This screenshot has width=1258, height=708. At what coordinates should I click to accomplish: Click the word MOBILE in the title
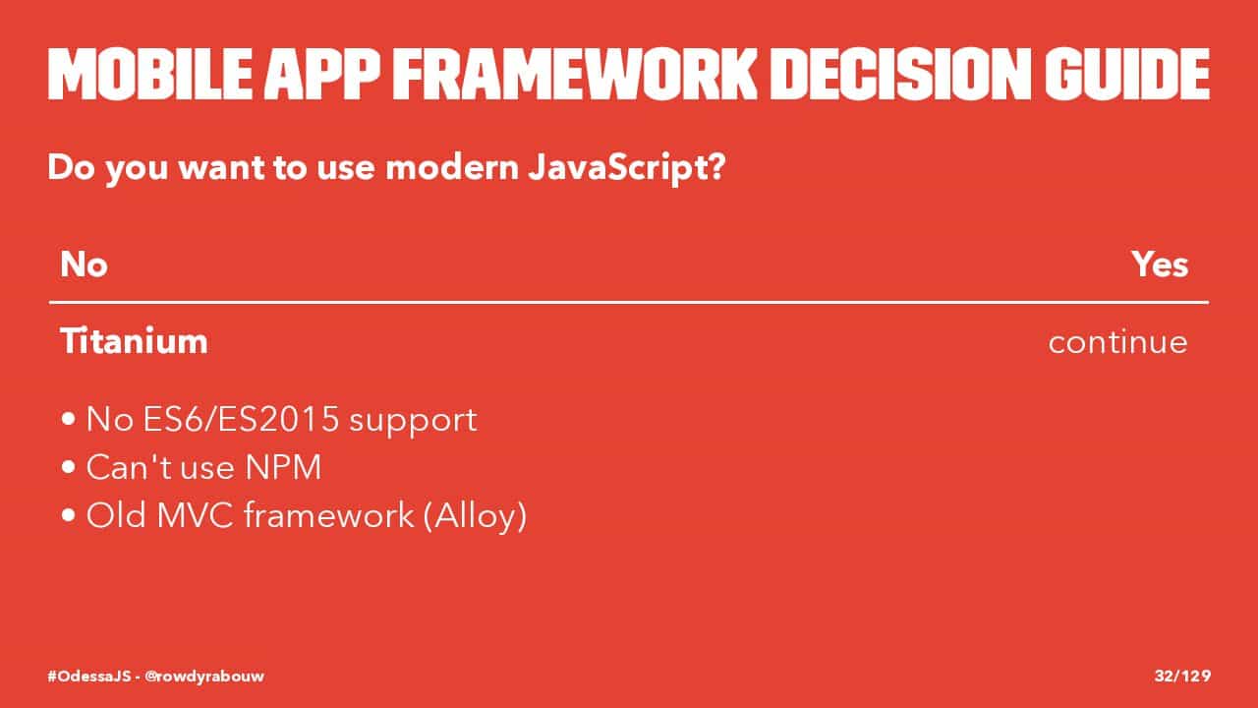click(x=150, y=74)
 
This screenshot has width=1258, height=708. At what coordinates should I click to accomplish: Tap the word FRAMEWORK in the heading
click(x=575, y=74)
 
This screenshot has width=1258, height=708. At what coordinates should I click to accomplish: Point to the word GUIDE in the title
click(x=1127, y=74)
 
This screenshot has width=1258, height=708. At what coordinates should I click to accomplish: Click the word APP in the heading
click(x=322, y=74)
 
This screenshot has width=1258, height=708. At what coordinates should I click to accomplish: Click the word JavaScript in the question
click(x=627, y=168)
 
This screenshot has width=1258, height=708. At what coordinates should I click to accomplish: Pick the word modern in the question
click(x=453, y=167)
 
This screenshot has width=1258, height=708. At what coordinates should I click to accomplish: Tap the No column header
click(x=84, y=265)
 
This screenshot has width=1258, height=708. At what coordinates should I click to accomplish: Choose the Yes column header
click(x=1160, y=265)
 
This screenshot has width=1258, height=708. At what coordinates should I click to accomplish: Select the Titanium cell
click(x=134, y=340)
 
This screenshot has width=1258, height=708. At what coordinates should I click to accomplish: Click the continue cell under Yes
click(x=1118, y=341)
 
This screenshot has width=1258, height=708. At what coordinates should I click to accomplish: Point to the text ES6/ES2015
click(x=241, y=419)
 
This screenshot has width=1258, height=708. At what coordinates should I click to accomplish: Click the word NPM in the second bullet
click(x=283, y=467)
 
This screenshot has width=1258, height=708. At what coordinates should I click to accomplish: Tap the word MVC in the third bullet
click(x=195, y=515)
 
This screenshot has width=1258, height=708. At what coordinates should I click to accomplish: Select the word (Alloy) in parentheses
click(x=475, y=516)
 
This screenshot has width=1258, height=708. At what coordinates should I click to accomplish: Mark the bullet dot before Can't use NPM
click(x=69, y=467)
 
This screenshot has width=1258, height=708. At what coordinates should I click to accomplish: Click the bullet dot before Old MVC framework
click(x=69, y=514)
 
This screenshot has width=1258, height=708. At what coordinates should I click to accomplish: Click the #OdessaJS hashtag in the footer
click(x=89, y=676)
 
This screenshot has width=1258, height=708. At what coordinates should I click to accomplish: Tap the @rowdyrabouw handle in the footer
click(x=204, y=676)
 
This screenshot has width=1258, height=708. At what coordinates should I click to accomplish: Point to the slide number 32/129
click(x=1182, y=676)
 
